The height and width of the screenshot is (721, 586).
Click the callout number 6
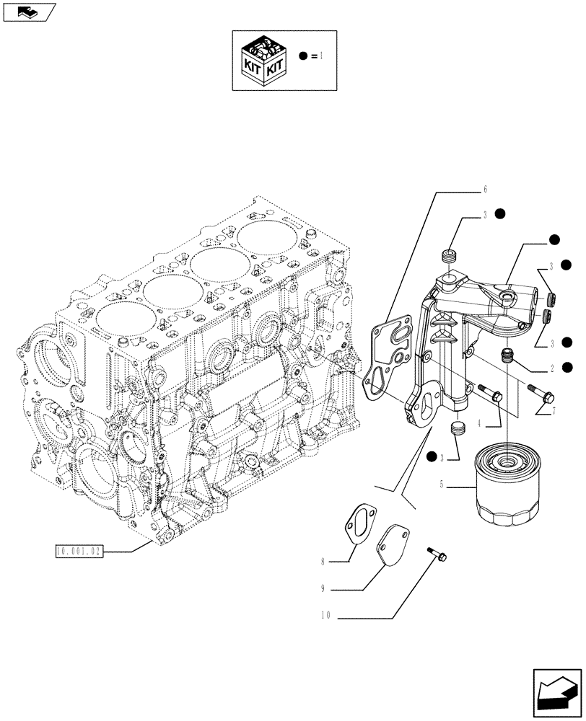pyautogui.click(x=486, y=190)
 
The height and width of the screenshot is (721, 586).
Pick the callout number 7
pyautogui.click(x=553, y=412)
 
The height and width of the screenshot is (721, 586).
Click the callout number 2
pyautogui.click(x=551, y=368)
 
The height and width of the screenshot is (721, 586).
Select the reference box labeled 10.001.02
pyautogui.click(x=80, y=552)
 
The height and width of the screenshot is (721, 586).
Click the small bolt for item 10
pyautogui.click(x=436, y=554)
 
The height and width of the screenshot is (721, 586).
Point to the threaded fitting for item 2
pyautogui.click(x=507, y=353)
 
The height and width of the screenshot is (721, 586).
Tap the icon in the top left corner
pyautogui.click(x=28, y=11)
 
